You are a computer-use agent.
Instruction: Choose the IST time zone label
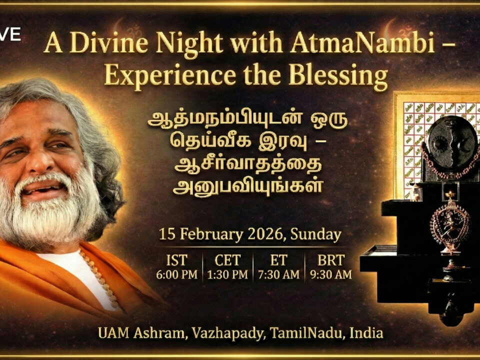tap(176, 260)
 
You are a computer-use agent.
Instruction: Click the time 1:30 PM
tap(227, 274)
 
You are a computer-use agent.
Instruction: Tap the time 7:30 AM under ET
tap(279, 274)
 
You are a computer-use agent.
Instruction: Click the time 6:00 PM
tap(176, 274)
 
